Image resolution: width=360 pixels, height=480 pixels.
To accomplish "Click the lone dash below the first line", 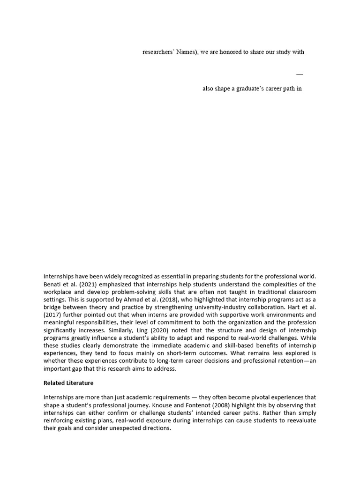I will (300, 74).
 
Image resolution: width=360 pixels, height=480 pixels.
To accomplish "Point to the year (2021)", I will (89, 285).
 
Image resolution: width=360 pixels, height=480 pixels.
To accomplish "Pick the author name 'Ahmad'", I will (134, 300).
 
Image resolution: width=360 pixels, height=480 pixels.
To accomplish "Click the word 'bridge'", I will (52, 307).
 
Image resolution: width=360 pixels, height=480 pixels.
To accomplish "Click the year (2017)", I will (53, 315).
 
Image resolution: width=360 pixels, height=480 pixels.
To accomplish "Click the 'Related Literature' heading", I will (68, 383).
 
